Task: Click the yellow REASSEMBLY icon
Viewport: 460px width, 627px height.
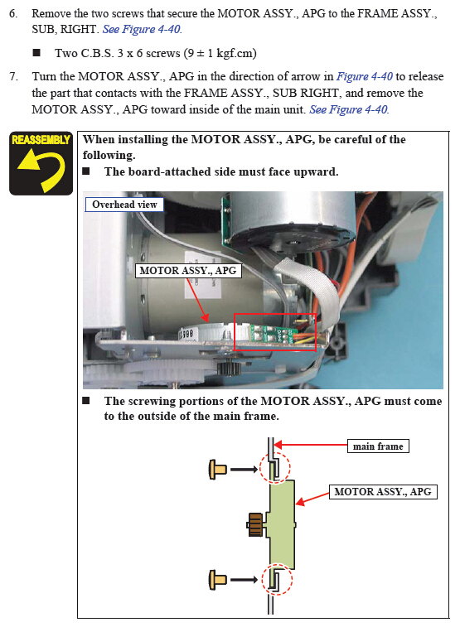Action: coord(41,163)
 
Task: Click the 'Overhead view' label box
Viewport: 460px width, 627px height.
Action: coord(124,205)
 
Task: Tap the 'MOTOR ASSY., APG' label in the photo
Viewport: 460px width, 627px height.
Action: coord(188,271)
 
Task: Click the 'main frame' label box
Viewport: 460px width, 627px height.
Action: coord(378,446)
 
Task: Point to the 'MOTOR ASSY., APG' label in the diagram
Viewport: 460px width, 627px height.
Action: coord(383,491)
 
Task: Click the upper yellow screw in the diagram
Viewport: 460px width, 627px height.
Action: coord(218,469)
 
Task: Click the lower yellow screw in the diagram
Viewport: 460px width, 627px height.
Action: coord(218,580)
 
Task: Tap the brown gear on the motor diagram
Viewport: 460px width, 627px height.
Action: coord(255,524)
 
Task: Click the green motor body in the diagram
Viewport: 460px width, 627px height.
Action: coord(283,524)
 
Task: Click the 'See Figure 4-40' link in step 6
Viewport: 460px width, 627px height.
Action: coord(142,29)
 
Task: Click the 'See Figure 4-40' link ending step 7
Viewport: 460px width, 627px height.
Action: coord(349,109)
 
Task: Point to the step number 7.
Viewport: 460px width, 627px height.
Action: coord(13,76)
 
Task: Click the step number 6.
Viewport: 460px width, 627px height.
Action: coord(13,13)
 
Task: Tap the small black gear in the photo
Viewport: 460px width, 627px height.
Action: coord(229,367)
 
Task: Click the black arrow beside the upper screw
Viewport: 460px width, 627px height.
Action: coord(244,469)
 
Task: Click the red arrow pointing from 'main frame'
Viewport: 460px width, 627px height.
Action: coord(311,445)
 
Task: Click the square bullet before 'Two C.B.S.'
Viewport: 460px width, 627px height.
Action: coord(36,52)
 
